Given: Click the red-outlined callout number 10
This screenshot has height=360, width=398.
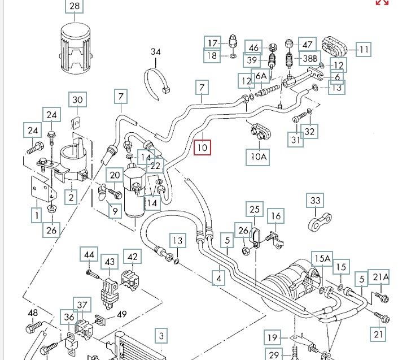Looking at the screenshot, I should point(202,148).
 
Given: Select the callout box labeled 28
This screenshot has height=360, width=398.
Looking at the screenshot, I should point(75,7).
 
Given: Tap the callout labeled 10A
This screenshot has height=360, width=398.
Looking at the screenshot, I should point(257,157).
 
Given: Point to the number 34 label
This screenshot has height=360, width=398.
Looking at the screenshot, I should point(156,52).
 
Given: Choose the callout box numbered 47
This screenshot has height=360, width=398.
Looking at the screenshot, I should point(307,44).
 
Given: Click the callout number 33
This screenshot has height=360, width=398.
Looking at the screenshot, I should point(315,200).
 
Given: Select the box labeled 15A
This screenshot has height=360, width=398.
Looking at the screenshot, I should point(322,259).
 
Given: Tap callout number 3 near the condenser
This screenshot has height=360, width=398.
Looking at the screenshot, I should point(161,337).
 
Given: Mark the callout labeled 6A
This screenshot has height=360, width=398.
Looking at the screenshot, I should point(261,76).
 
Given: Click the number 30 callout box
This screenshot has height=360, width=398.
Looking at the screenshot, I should point(78,101).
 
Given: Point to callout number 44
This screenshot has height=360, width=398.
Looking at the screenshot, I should point(89,255).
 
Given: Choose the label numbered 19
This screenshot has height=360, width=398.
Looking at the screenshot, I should point(273,338).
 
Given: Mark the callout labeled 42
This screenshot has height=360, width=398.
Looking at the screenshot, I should point(133,257).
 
